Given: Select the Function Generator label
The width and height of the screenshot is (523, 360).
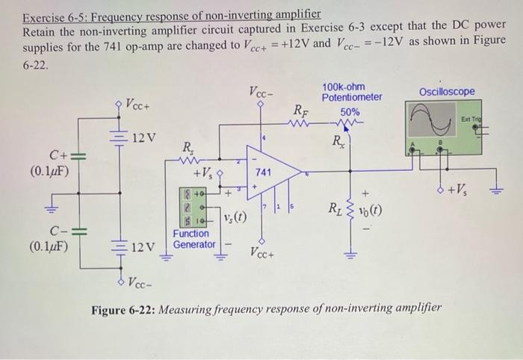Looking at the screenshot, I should pyautogui.click(x=193, y=239).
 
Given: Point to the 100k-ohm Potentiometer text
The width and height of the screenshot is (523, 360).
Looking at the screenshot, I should pyautogui.click(x=351, y=92).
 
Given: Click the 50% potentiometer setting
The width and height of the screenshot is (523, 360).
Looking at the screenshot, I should pyautogui.click(x=350, y=111).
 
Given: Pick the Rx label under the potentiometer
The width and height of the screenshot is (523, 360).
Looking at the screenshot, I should pyautogui.click(x=340, y=140).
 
